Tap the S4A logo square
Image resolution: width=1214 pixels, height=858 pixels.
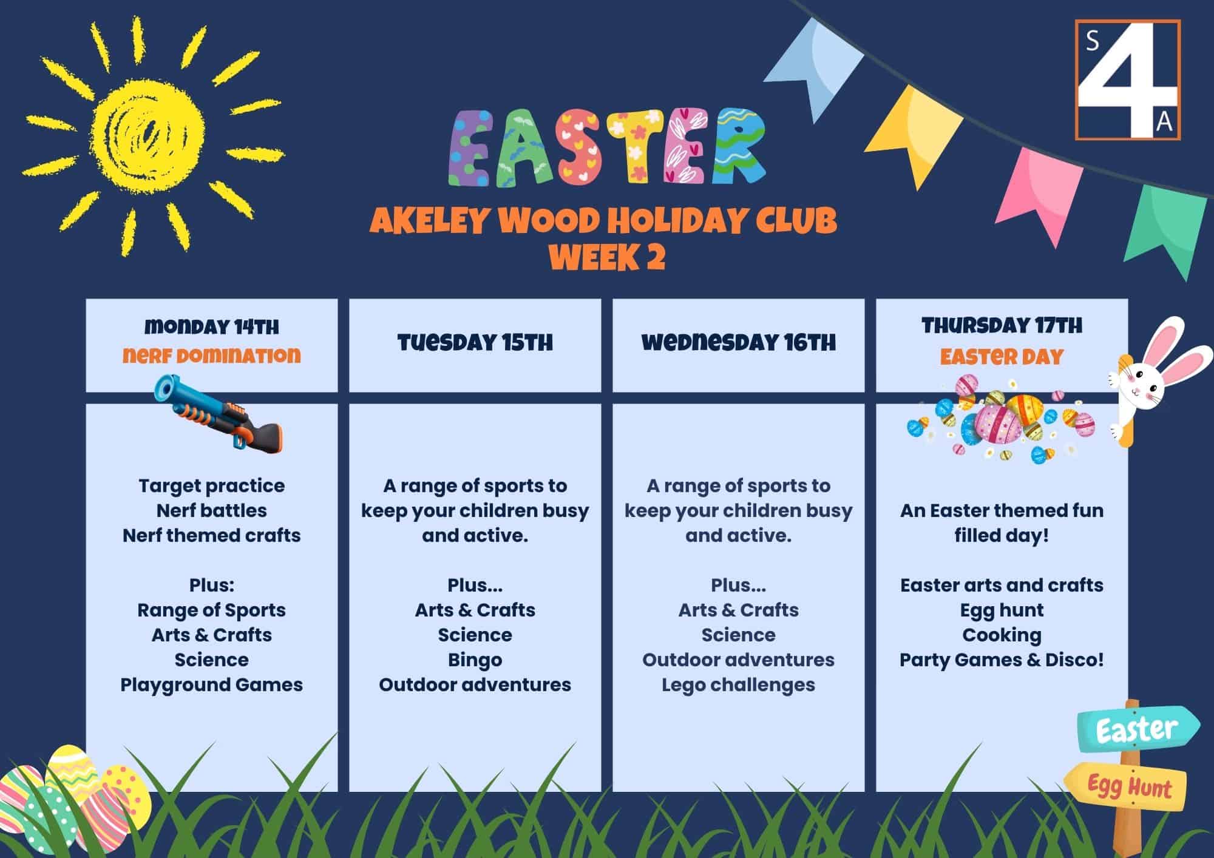coord(1128,80)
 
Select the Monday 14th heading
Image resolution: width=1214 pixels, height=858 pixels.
coord(212,327)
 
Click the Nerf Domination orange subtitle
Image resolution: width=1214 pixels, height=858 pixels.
coord(212,355)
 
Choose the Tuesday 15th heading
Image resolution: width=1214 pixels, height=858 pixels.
coord(475,343)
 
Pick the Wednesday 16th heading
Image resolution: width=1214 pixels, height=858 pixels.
coord(739,343)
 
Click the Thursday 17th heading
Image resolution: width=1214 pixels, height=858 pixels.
coord(1002,326)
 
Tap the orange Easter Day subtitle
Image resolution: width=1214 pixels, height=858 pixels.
coord(1002,356)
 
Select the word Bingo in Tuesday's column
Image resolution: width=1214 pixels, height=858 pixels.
coord(475,660)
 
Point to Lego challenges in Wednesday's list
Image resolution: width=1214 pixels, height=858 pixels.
coord(739,685)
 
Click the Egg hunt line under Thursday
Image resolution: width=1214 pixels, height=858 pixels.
coord(1002,610)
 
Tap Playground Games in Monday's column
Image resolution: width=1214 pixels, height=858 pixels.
coord(212,685)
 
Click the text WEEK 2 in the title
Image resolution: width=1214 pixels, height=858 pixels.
coord(607,257)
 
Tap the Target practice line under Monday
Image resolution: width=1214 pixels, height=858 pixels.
coord(212,486)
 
